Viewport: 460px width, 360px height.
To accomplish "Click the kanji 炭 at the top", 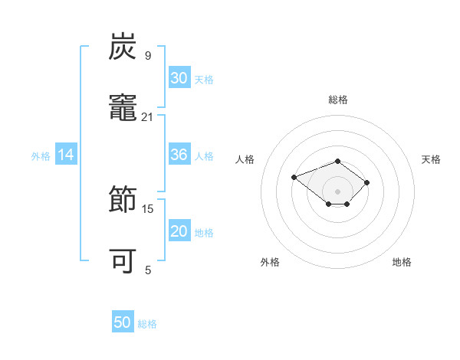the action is point(123,46).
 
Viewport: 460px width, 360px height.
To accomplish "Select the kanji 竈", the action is point(123,107).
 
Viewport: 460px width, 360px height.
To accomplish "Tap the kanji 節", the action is point(123,198).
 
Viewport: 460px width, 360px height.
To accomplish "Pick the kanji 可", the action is point(123,260).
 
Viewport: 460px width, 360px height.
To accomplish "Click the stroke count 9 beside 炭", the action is point(148,55).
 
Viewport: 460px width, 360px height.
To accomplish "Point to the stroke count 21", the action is point(147,117).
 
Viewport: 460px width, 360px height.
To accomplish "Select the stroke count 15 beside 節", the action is point(147,209).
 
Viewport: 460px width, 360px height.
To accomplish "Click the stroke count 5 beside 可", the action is point(148,270).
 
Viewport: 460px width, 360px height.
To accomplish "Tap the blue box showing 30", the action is point(179,77).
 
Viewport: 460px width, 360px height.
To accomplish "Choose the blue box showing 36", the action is point(179,154).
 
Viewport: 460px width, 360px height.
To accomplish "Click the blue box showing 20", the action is point(179,230).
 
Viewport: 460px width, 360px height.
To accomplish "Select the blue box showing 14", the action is point(66,154).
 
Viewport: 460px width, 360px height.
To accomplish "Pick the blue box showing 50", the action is point(123,321).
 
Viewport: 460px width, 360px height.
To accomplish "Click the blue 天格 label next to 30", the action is point(204,80).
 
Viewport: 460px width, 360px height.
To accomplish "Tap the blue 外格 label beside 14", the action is point(41,156).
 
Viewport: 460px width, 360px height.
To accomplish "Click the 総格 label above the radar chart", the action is point(338,100).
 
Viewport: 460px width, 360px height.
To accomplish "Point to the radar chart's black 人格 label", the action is point(245,159).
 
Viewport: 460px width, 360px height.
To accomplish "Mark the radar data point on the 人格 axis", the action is point(294,177).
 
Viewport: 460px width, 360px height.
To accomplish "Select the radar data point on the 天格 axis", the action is point(366,182).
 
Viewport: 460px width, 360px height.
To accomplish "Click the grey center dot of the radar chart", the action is point(337,191).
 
